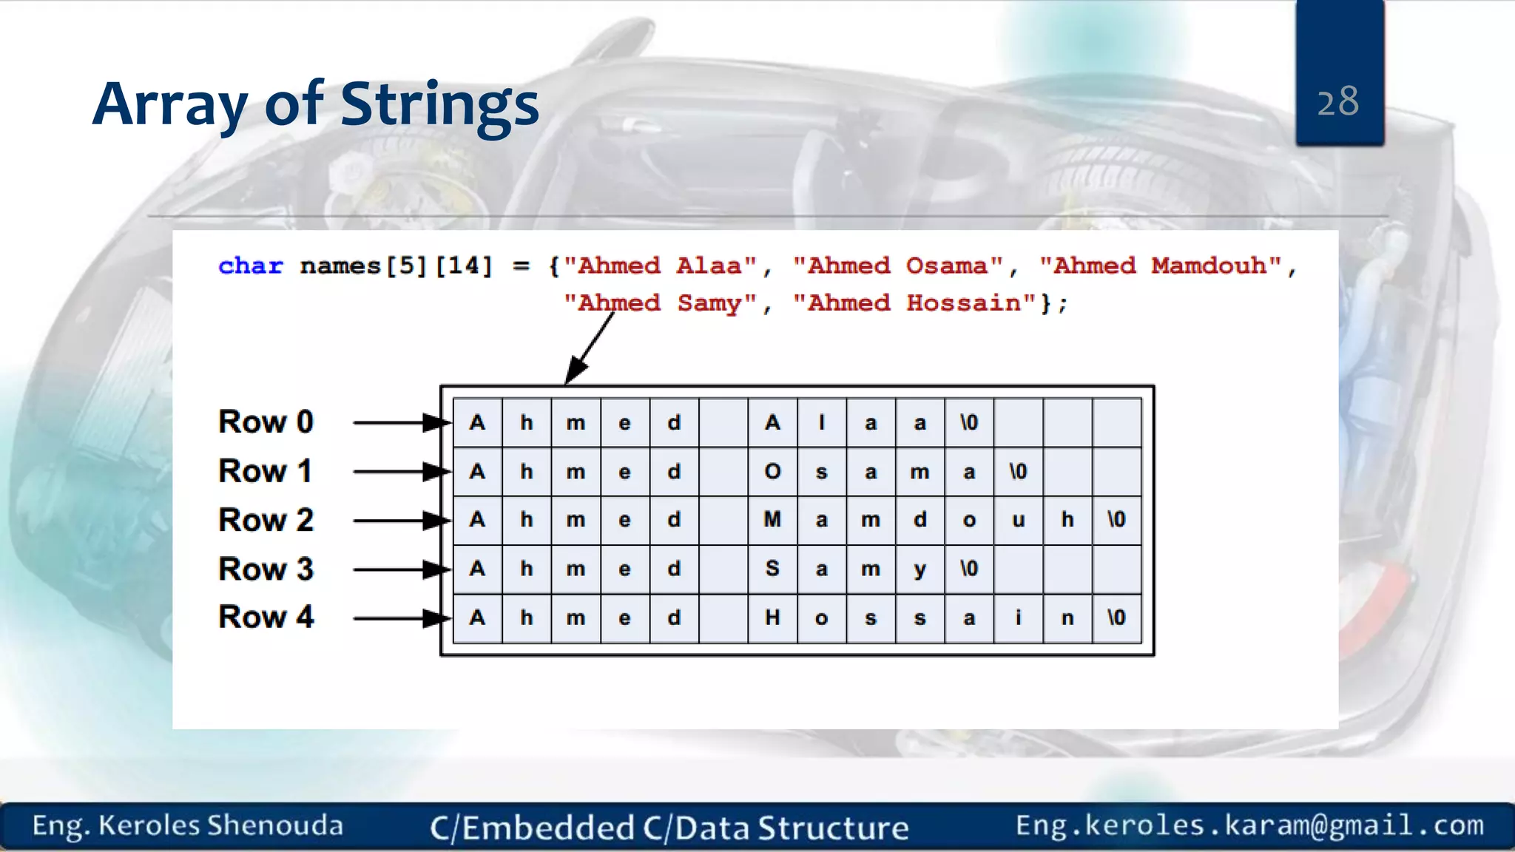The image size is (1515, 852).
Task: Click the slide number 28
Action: coord(1337,101)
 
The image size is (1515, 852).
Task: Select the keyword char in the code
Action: coord(251,266)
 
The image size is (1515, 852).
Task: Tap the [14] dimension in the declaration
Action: coord(463,266)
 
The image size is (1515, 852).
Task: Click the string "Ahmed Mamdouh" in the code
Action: coord(1160,266)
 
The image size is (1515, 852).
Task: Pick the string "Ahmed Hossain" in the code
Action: coord(914,302)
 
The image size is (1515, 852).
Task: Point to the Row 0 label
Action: coord(266,422)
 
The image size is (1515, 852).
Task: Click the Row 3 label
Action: coord(266,569)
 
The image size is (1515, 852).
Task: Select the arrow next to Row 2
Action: coord(399,521)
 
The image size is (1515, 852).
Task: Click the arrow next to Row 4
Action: coord(399,618)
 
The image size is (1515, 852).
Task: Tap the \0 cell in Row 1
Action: coord(1018,471)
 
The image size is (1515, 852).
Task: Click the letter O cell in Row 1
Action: coord(772,471)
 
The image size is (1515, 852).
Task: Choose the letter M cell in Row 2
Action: coord(772,520)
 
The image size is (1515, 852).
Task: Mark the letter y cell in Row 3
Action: coord(920,569)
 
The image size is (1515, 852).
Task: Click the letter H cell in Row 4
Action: coord(772,618)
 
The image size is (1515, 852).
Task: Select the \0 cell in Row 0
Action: coord(969,422)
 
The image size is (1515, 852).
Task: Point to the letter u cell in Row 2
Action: coord(1018,520)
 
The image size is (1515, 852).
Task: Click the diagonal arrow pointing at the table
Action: coord(589,348)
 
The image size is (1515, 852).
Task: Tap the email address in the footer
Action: coord(1249,825)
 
